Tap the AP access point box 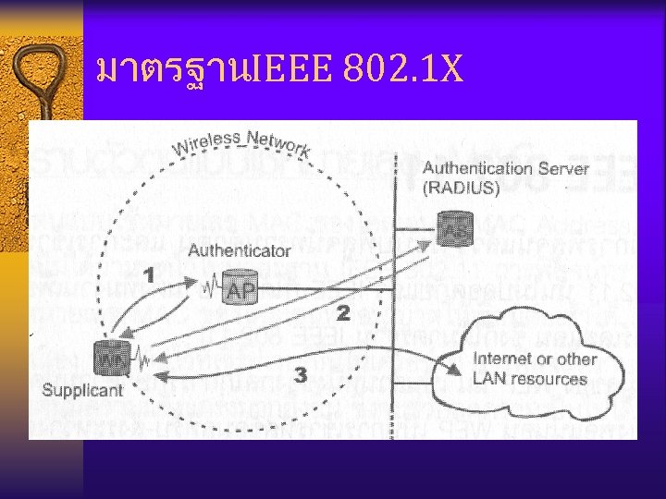(240, 289)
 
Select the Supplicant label (82, 390)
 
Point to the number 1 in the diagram (149, 274)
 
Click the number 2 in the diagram (343, 314)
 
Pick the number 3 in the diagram (301, 374)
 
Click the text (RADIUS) (462, 188)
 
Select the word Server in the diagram (563, 169)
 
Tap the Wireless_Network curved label (241, 142)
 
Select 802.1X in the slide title (403, 68)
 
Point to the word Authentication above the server (474, 169)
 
